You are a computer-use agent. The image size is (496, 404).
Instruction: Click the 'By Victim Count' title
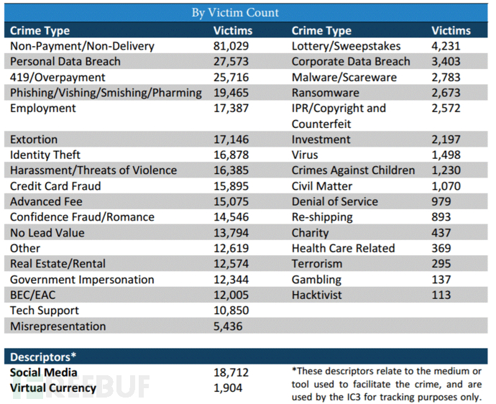(x=235, y=13)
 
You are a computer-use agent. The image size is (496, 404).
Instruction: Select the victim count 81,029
(x=231, y=46)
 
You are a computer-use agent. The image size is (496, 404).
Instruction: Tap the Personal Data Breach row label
(x=65, y=61)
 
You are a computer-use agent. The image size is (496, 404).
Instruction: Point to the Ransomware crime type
(x=325, y=93)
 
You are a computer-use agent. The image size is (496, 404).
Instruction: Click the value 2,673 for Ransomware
(x=446, y=93)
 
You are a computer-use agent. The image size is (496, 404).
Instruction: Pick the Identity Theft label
(x=45, y=155)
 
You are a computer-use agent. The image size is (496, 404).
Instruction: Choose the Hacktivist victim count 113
(x=441, y=295)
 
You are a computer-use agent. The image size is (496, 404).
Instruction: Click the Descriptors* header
(x=43, y=357)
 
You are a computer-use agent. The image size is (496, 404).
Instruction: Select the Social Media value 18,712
(x=231, y=372)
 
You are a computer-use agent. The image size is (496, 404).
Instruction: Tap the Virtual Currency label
(x=52, y=388)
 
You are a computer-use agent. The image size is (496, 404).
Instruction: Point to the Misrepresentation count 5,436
(x=228, y=326)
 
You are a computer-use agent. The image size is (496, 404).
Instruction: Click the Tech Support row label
(x=45, y=311)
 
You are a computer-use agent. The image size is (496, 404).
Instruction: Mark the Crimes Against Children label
(x=353, y=170)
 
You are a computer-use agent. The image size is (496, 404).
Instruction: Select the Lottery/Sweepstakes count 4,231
(x=446, y=46)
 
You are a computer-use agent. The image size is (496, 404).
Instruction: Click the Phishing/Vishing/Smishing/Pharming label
(x=106, y=93)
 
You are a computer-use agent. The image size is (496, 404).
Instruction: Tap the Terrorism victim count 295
(x=441, y=264)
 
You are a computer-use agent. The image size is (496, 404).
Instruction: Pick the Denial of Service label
(x=335, y=202)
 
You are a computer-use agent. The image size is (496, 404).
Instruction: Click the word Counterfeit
(x=321, y=124)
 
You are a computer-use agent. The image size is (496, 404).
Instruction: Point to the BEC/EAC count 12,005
(x=231, y=295)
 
